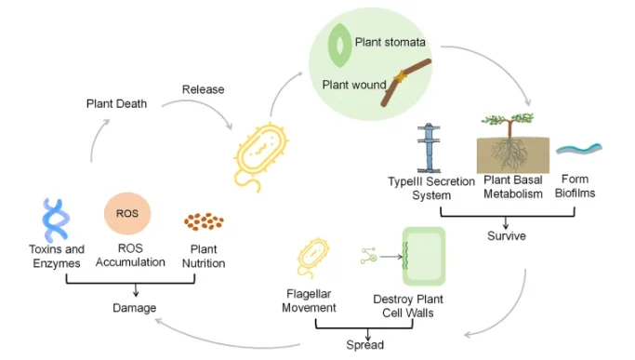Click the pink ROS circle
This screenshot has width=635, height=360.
point(127,213)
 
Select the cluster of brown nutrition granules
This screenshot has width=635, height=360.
point(204,221)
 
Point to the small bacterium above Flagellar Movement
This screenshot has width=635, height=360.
point(312,257)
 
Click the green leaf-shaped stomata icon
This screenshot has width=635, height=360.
point(339,45)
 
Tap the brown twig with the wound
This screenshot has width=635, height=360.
point(405,81)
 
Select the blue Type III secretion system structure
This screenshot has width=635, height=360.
point(429,149)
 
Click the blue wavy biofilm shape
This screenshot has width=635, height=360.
point(579,149)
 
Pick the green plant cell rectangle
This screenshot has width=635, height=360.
point(424,256)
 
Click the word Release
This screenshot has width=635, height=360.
point(203,89)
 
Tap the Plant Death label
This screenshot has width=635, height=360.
point(116,104)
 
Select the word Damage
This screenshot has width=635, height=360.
point(135,308)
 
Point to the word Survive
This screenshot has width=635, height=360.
point(506,236)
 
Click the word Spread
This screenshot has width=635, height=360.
point(364,345)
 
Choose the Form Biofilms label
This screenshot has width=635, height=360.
point(575,186)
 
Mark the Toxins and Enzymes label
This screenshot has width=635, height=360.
point(57,256)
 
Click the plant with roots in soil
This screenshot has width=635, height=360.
point(513,143)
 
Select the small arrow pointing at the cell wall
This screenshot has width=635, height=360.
point(391,257)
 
